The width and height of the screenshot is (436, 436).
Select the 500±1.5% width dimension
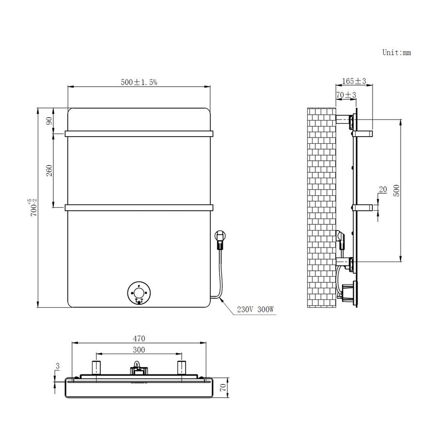pos(139,83)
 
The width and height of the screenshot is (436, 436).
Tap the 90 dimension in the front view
pos(49,120)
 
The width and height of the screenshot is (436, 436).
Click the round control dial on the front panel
pos(139,294)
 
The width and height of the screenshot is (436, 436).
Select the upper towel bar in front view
pos(139,132)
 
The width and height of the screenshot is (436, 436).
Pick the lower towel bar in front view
pos(139,208)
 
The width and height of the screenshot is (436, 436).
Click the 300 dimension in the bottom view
pos(139,349)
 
